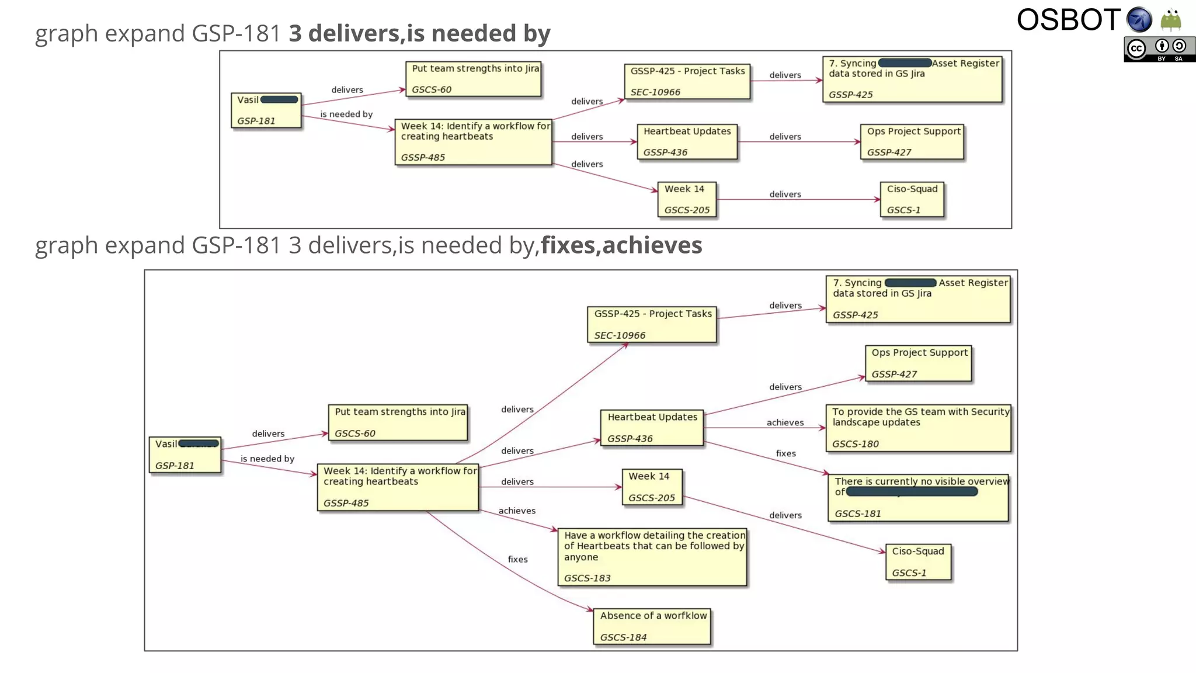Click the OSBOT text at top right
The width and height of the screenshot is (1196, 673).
click(1068, 20)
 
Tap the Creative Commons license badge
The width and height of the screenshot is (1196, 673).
click(1159, 50)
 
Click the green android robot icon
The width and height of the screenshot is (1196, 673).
click(1170, 20)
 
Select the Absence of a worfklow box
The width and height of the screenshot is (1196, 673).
click(652, 626)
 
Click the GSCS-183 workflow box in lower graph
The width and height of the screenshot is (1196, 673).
click(652, 557)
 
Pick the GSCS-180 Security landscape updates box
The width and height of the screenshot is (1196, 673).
click(918, 428)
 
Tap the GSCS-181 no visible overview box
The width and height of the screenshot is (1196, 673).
click(918, 498)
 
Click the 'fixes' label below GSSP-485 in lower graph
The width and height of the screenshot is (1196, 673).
click(517, 560)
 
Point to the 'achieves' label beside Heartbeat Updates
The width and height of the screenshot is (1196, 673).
click(785, 423)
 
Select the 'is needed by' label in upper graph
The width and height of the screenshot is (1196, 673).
click(346, 115)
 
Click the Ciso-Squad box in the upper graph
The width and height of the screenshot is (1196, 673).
click(912, 200)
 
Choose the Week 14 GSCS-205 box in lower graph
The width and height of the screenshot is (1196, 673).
click(651, 487)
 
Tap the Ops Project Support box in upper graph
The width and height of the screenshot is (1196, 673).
click(912, 142)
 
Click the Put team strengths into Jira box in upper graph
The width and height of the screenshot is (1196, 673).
click(474, 79)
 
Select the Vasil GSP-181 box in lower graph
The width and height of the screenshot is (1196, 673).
click(185, 455)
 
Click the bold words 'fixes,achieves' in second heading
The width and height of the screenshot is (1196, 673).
click(621, 245)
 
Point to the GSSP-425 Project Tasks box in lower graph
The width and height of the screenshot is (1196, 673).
click(652, 325)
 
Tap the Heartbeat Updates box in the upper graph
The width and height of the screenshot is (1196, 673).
click(687, 142)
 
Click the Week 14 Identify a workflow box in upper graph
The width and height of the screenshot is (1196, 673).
click(474, 142)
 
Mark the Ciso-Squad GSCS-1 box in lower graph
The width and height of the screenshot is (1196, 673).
click(918, 562)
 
